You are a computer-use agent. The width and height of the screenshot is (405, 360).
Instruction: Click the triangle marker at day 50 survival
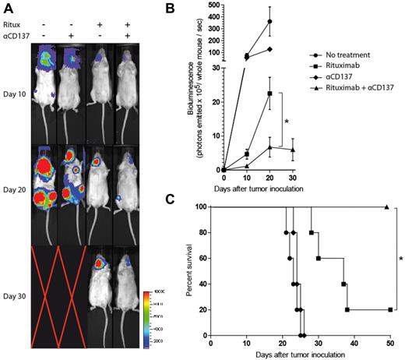388,207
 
